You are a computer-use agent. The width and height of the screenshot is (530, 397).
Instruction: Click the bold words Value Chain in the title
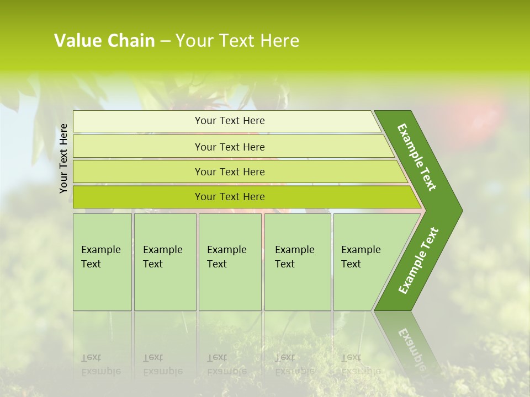(104, 41)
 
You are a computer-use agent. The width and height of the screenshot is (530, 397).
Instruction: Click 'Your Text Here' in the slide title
(237, 41)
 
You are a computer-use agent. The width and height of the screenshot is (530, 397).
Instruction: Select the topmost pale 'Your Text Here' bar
(229, 121)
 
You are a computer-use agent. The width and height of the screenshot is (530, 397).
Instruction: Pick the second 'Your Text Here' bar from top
(229, 147)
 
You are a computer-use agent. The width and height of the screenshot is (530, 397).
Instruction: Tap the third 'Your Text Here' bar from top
(229, 171)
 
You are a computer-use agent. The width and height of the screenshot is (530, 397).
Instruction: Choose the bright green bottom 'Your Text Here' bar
(229, 197)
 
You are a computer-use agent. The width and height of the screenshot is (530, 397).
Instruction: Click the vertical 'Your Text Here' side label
(63, 158)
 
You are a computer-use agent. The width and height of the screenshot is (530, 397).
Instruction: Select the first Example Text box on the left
(102, 262)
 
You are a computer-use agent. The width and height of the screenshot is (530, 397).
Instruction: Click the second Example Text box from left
(165, 262)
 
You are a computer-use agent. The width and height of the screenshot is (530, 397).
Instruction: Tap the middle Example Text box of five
(230, 262)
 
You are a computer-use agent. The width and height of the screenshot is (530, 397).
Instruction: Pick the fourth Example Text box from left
(298, 262)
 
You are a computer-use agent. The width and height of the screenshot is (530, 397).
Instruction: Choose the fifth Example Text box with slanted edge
(364, 262)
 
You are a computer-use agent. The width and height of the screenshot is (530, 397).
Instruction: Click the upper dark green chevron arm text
(417, 157)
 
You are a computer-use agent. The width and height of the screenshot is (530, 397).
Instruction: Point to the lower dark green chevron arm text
(418, 260)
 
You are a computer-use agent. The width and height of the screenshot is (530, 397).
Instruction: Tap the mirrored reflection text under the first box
(101, 364)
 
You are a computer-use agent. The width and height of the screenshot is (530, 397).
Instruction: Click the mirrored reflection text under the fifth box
(361, 364)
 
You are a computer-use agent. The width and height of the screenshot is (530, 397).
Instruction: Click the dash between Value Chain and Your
(165, 41)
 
